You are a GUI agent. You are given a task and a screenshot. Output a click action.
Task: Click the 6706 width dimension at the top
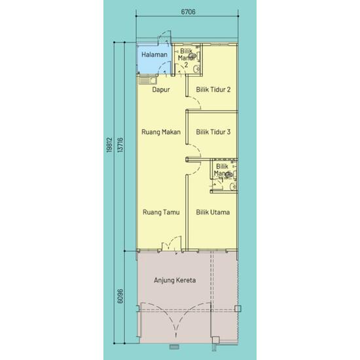click(187, 12)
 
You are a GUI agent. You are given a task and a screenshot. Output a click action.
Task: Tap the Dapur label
click(161, 90)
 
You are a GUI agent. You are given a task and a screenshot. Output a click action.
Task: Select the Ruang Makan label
click(160, 132)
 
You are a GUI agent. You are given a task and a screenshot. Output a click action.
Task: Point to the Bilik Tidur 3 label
click(213, 132)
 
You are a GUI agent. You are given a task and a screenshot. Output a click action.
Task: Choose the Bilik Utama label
click(213, 212)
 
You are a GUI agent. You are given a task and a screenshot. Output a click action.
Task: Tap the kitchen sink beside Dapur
click(146, 81)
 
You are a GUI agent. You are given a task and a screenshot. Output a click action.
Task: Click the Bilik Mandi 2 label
click(187, 58)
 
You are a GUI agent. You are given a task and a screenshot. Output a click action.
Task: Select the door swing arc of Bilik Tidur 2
click(189, 100)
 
